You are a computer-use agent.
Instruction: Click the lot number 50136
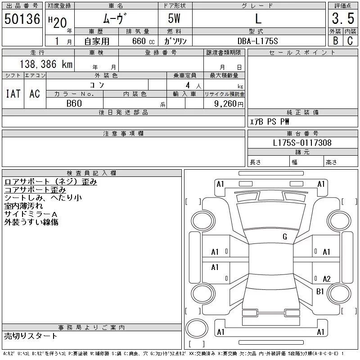click(x=22, y=19)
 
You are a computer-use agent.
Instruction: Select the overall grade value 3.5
click(x=342, y=19)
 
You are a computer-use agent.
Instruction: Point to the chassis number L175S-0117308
click(x=302, y=143)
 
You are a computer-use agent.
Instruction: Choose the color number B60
click(x=74, y=103)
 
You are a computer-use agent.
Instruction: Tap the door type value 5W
click(x=175, y=19)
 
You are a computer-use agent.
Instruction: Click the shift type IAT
click(x=13, y=94)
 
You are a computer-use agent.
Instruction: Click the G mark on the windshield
click(x=285, y=237)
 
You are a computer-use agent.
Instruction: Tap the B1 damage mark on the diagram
click(x=320, y=291)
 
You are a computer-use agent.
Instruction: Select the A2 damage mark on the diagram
click(x=327, y=279)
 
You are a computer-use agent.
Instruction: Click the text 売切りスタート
click(x=31, y=336)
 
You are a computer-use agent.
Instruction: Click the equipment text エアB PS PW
click(x=270, y=122)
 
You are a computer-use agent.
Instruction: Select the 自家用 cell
click(x=97, y=41)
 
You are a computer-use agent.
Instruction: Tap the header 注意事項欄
click(x=123, y=134)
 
